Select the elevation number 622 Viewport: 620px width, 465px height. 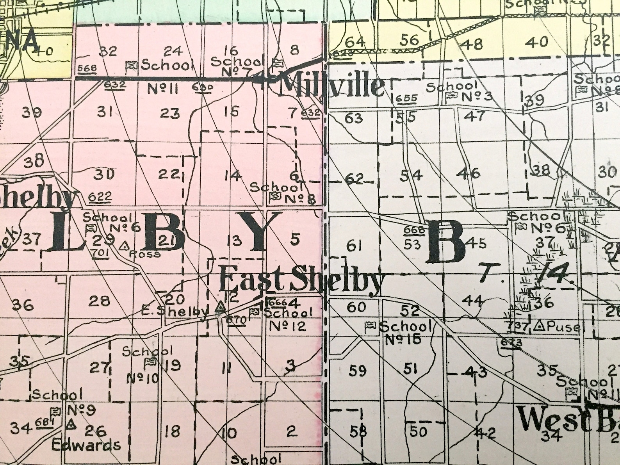pos(100,197)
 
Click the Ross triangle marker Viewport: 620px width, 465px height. pos(125,246)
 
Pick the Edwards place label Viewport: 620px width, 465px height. pos(86,445)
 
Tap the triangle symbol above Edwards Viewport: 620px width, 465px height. pos(71,424)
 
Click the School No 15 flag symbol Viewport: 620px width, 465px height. pos(369,325)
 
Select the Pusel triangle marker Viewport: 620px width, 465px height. pos(541,324)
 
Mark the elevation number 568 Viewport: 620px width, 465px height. pos(87,68)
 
